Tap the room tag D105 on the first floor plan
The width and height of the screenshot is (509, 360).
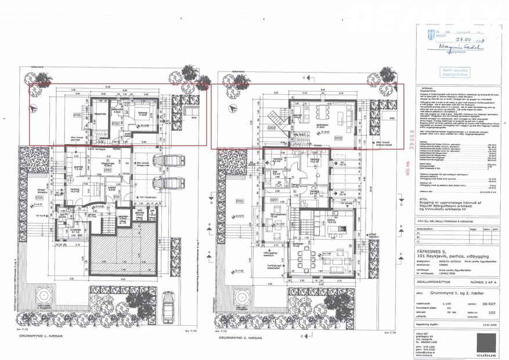coord(77,115)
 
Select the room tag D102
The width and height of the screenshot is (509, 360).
coord(115,124)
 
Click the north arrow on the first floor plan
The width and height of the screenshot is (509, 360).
coord(35,107)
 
